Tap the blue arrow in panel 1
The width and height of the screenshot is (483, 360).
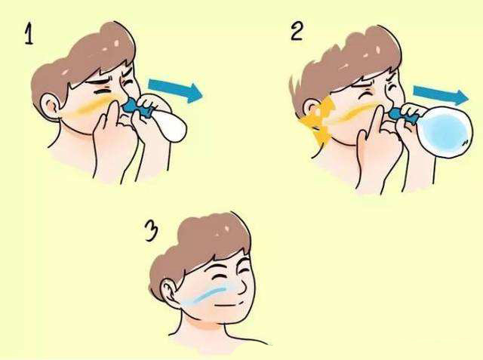(x=175, y=91)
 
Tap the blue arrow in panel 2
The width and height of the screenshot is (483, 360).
(x=441, y=94)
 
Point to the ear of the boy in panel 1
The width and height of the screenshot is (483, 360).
(x=51, y=106)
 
